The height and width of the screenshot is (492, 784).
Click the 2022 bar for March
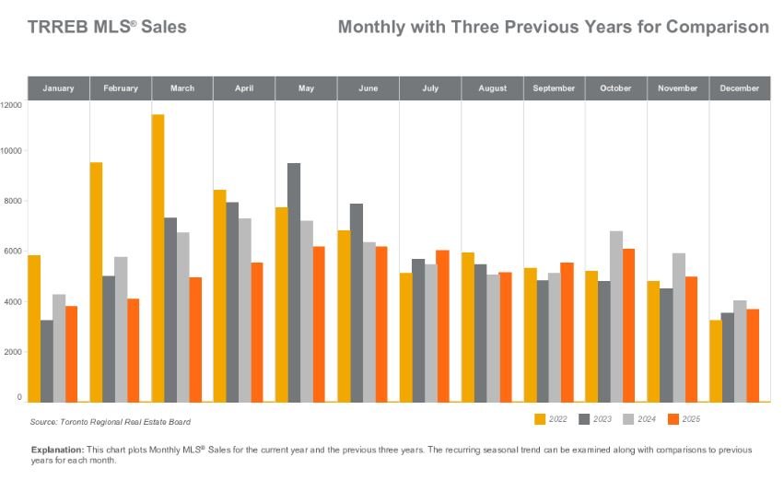(158, 258)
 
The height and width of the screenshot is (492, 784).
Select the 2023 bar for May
(294, 282)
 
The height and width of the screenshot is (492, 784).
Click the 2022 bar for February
(96, 282)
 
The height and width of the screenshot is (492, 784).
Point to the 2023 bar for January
(46, 360)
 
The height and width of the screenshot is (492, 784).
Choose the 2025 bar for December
(753, 355)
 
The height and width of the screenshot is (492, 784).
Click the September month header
(555, 88)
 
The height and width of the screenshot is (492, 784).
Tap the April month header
(244, 88)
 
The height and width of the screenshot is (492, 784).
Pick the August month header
(493, 88)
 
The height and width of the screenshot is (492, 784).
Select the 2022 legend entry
(550, 419)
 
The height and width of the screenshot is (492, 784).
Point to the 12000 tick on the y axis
(11, 105)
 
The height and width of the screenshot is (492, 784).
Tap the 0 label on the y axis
(19, 397)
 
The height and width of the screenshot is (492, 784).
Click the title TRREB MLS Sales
(107, 27)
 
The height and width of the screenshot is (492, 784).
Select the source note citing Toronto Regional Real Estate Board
(111, 422)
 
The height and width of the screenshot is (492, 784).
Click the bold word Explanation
(57, 450)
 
